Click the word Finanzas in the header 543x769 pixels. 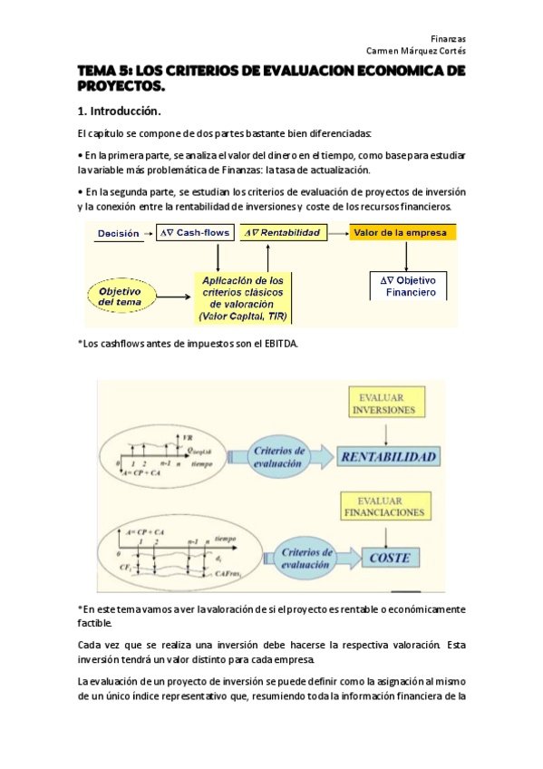tap(448, 39)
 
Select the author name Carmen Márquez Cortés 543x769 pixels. tap(416, 51)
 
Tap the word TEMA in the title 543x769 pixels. tap(97, 71)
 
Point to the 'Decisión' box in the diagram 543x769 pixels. tap(119, 233)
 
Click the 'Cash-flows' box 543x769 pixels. tap(195, 233)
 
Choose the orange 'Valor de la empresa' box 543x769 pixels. tap(402, 233)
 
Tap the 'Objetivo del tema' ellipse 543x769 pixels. tap(125, 296)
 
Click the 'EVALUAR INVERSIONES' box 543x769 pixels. tap(387, 404)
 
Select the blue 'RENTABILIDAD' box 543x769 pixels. tap(387, 457)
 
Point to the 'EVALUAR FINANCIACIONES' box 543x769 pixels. tap(387, 506)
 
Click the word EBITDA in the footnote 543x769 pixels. tap(276, 344)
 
